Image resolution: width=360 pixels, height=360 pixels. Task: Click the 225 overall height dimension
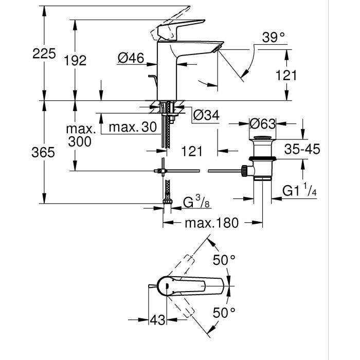click(x=43, y=53)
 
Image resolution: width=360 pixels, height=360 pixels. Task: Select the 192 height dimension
click(x=76, y=60)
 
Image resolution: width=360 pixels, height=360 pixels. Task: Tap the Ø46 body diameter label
click(x=130, y=59)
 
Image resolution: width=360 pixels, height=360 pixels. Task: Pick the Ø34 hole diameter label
click(x=206, y=116)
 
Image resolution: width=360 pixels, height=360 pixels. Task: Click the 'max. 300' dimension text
click(x=80, y=134)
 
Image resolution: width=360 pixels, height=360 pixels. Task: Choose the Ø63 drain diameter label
click(x=262, y=124)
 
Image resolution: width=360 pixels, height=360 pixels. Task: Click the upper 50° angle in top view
click(x=224, y=260)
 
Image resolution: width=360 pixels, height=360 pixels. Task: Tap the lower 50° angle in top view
click(x=224, y=312)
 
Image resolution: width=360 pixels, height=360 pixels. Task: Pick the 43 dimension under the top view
click(x=158, y=320)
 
